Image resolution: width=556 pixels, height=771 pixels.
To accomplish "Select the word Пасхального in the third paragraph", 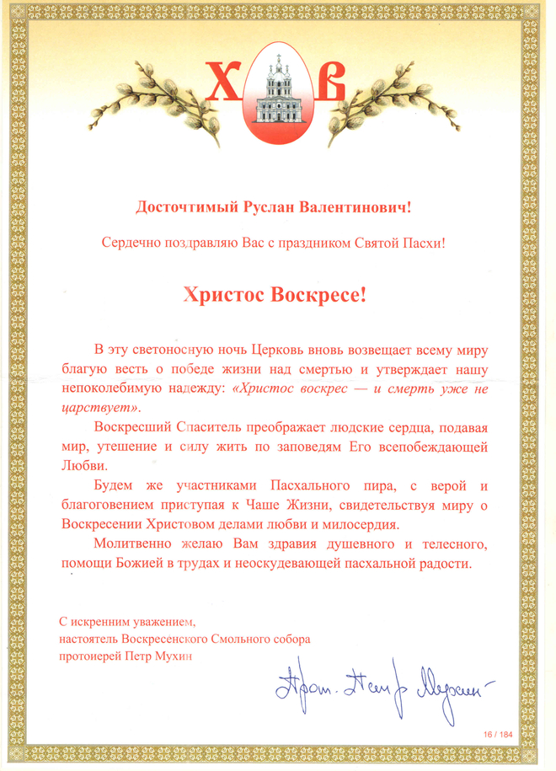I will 308,487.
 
